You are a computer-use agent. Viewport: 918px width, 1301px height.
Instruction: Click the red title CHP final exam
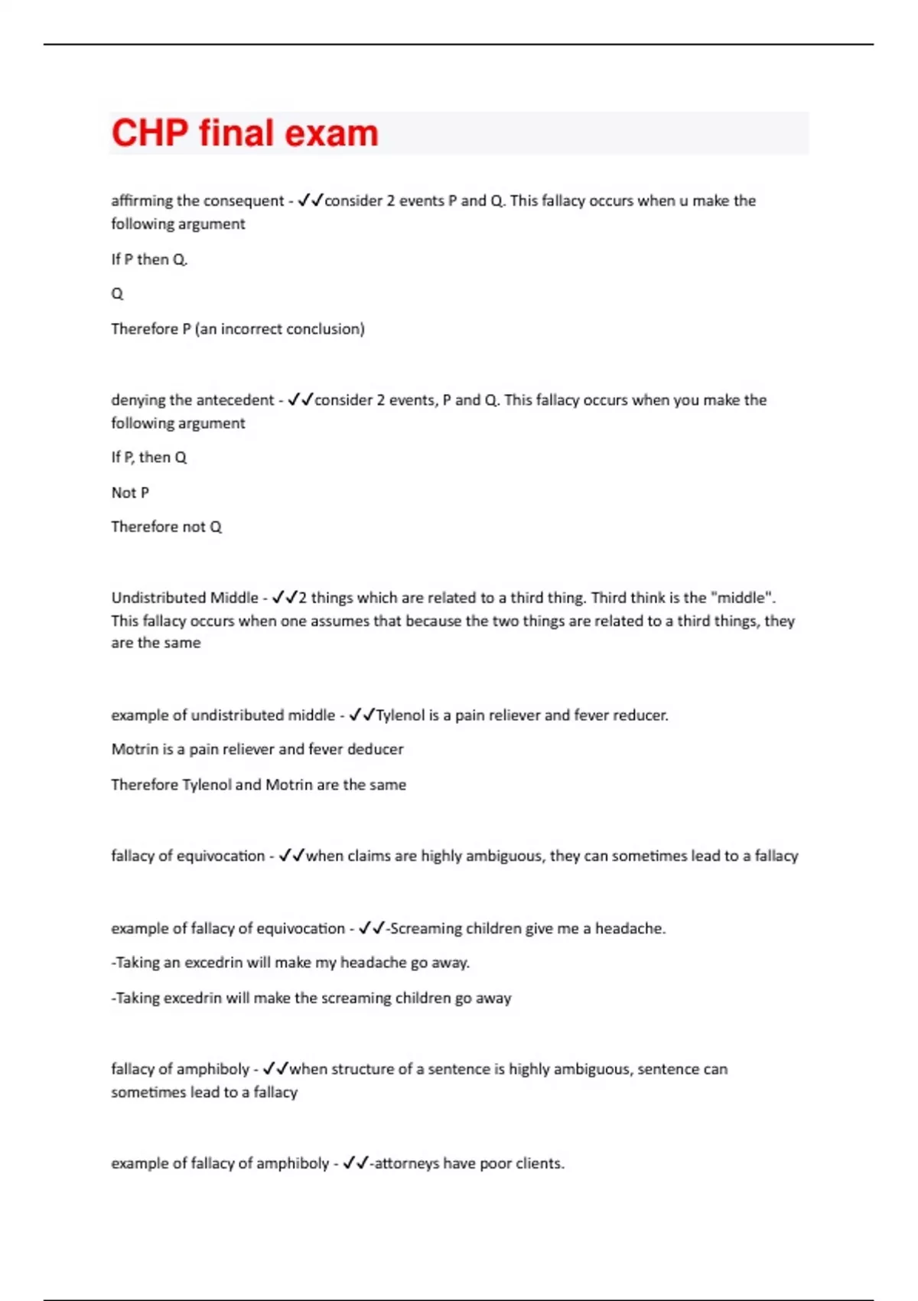coord(245,133)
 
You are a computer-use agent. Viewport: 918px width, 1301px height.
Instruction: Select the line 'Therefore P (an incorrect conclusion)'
coord(238,329)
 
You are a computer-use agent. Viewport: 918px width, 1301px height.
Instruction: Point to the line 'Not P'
coord(130,493)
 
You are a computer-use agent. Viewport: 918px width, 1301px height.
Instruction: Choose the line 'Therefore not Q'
coord(166,527)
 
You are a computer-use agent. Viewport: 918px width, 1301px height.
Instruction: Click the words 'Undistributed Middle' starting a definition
coord(184,598)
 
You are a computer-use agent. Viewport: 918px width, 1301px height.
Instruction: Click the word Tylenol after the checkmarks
coord(400,716)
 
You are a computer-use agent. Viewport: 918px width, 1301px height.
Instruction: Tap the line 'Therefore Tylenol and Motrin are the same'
coord(259,785)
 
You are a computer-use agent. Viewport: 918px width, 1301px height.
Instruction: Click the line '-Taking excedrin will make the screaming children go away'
coord(311,999)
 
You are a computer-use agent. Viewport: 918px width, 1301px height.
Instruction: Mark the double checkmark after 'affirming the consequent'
coord(311,201)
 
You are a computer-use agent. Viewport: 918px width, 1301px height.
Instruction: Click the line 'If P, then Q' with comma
coord(149,458)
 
